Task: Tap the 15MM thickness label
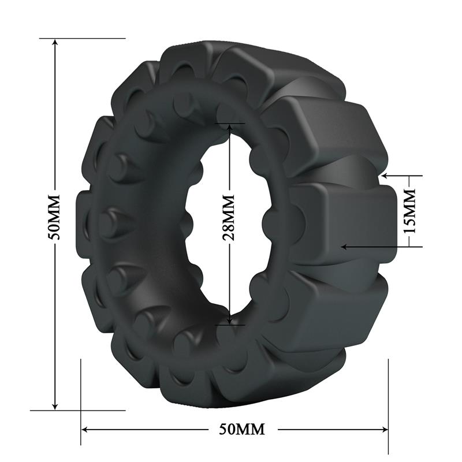(x=409, y=210)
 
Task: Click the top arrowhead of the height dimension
(x=55, y=42)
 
